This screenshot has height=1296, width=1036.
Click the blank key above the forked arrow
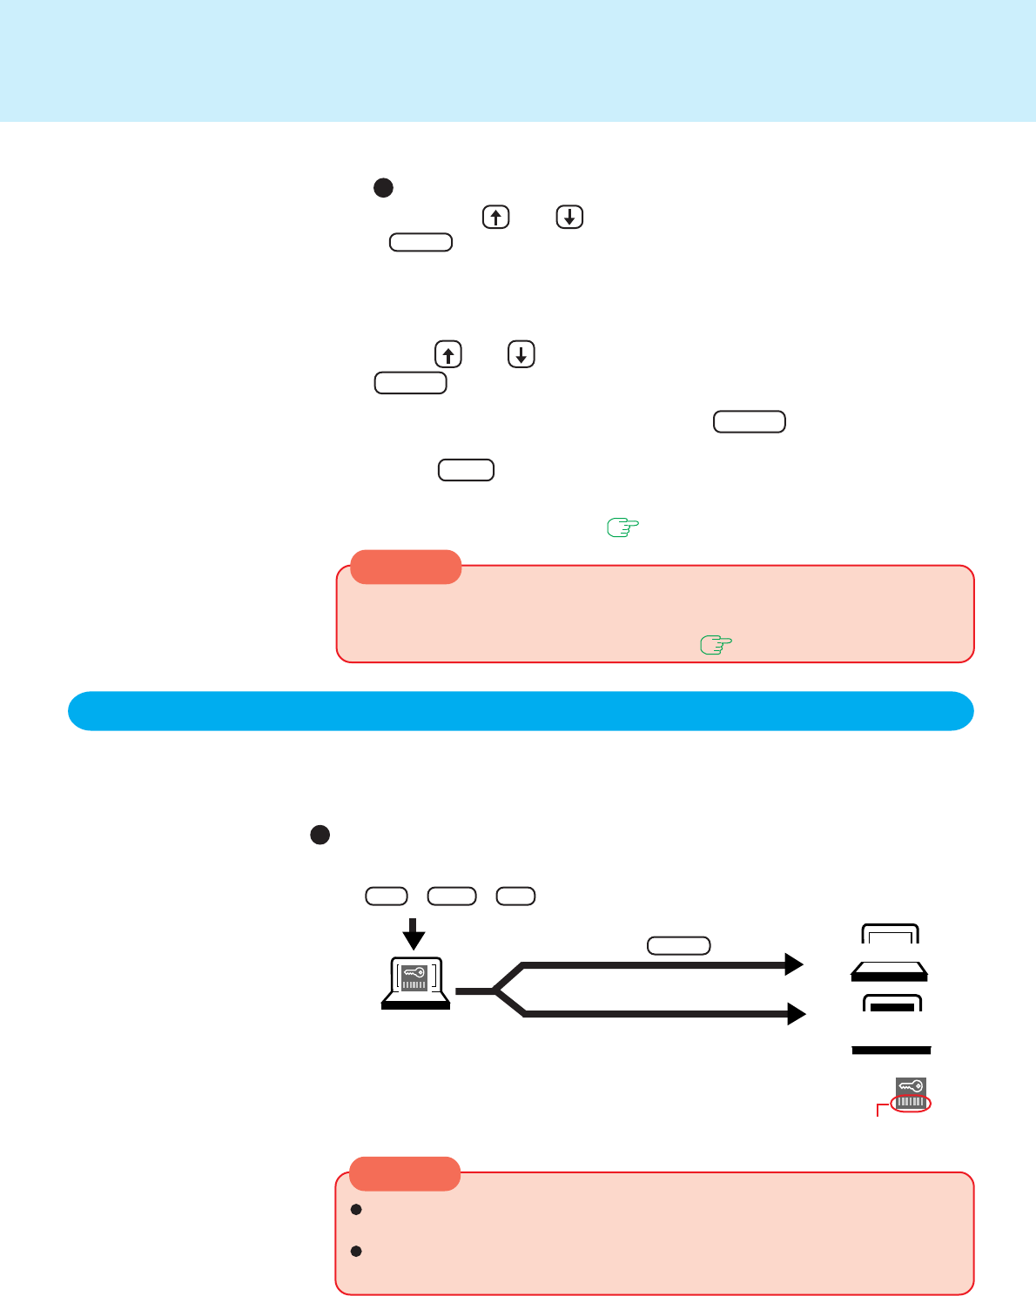coord(679,945)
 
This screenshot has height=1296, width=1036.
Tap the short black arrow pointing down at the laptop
coord(414,934)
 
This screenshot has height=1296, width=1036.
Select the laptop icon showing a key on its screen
coord(416,983)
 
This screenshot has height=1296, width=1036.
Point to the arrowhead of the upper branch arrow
coord(794,964)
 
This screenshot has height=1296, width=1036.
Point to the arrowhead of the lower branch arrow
coord(796,1014)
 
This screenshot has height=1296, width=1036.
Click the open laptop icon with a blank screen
coord(890,953)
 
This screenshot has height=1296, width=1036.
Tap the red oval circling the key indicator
coord(911,1103)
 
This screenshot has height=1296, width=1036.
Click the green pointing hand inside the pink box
coord(716,645)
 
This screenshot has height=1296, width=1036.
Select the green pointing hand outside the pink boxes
coord(622,527)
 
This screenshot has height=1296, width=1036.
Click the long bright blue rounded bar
coord(521,711)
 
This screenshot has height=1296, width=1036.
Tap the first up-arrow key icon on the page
coord(495,217)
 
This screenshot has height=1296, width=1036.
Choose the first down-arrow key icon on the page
coord(569,217)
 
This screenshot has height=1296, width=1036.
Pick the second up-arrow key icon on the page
coord(447,354)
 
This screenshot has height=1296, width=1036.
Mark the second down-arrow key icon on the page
coord(521,354)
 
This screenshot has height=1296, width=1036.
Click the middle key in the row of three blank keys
coord(452,896)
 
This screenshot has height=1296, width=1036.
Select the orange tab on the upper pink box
coord(406,567)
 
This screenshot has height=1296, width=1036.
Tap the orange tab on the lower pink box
coord(405,1173)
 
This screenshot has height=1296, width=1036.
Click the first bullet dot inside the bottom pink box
coord(356,1210)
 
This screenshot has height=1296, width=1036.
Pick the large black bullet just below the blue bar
coord(320,835)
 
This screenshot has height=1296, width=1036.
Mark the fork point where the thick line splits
coord(494,990)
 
